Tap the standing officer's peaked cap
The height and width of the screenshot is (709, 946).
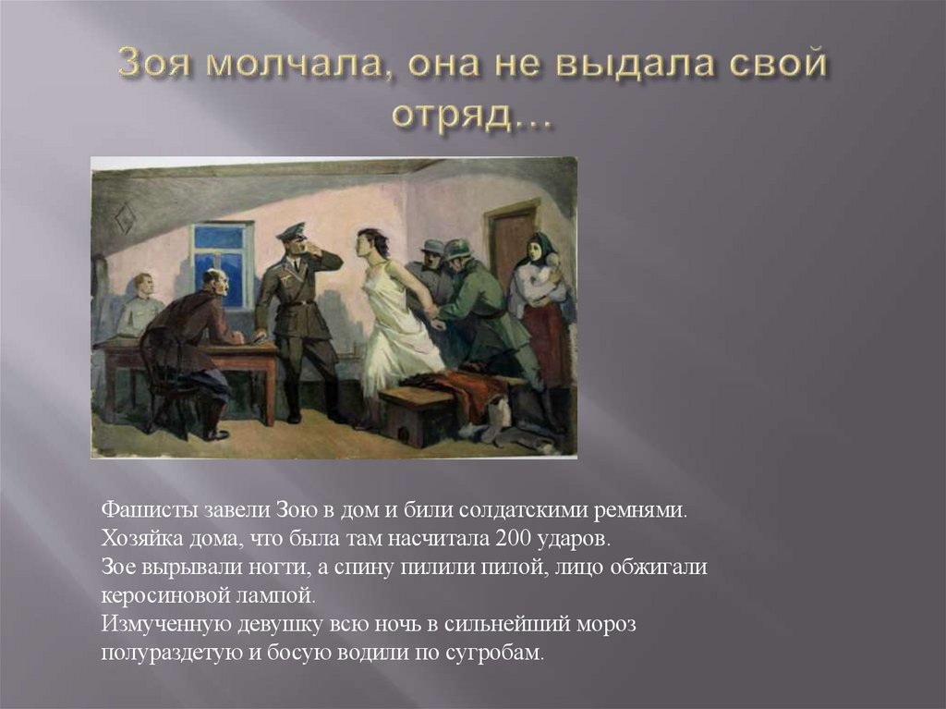click(292, 231)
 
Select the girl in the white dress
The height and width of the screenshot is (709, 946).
click(393, 314)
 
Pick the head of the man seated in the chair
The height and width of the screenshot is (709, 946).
click(213, 283)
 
